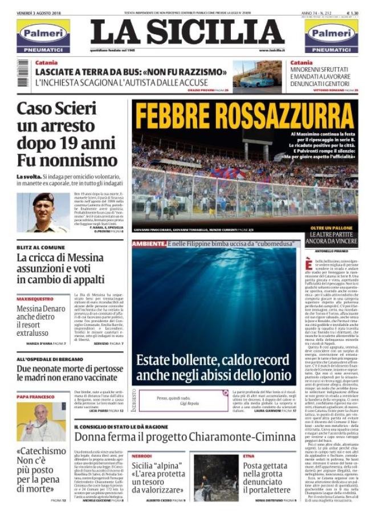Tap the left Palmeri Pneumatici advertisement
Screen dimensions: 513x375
[x=43, y=37]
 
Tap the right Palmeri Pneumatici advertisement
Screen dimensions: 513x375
[x=331, y=37]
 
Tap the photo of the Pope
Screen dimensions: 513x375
[x=41, y=421]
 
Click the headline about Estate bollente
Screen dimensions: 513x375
[x=214, y=367]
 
